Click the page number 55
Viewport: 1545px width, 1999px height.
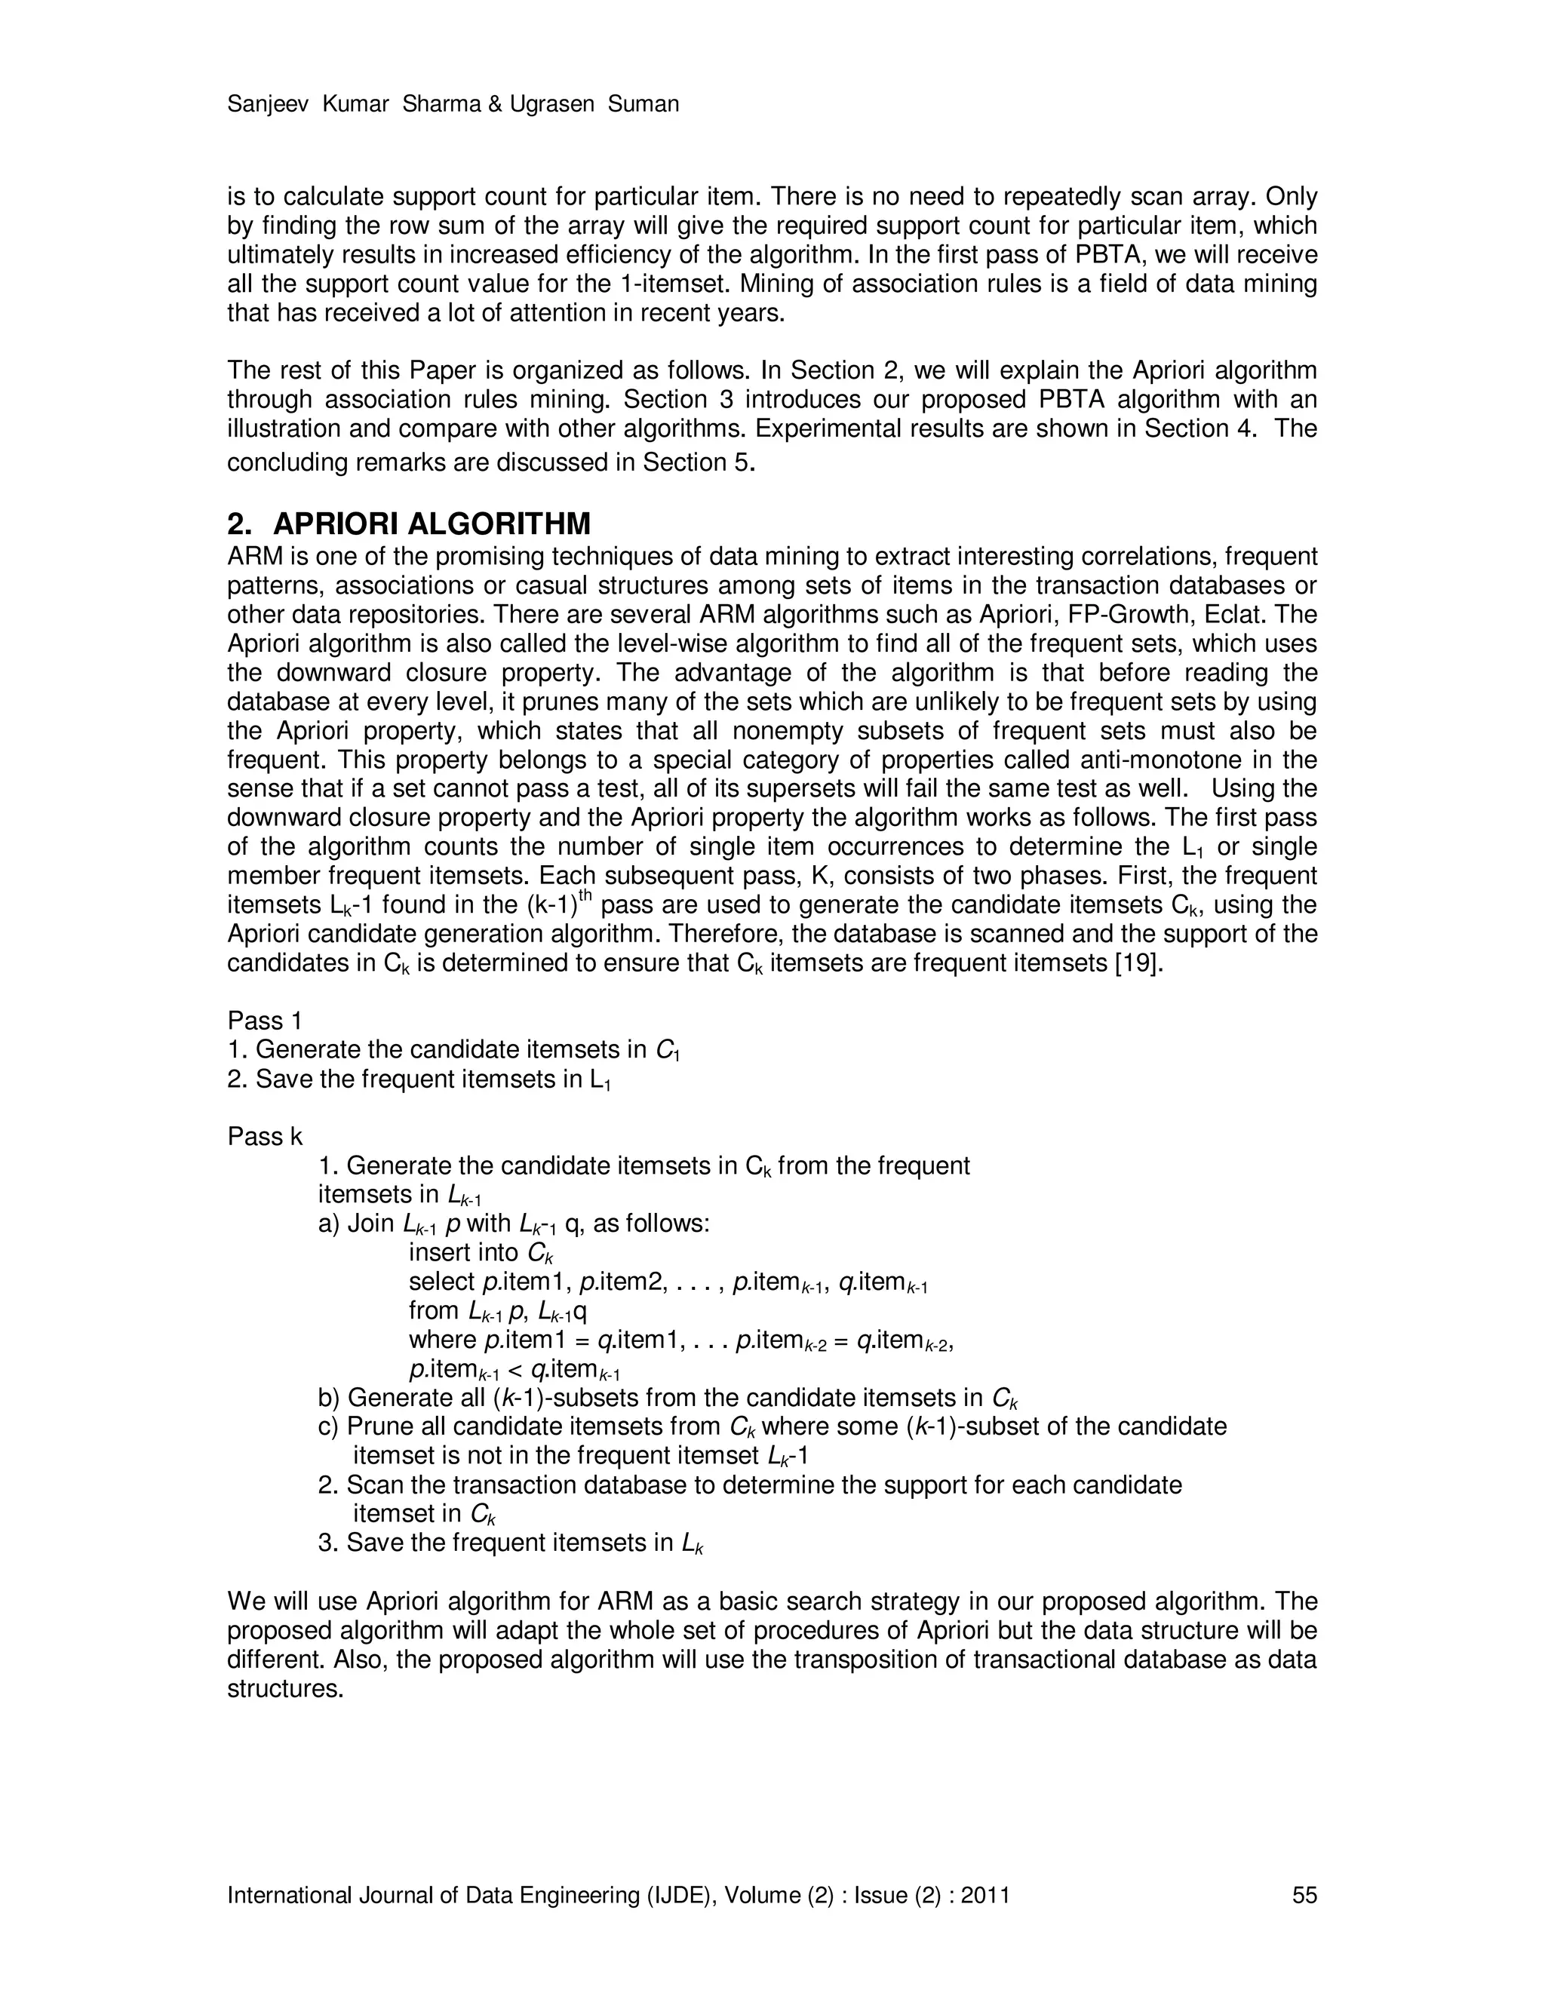(1304, 1895)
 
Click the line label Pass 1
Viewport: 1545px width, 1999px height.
(265, 1021)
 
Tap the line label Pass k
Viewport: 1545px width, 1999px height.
(265, 1137)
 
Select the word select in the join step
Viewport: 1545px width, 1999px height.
(441, 1282)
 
